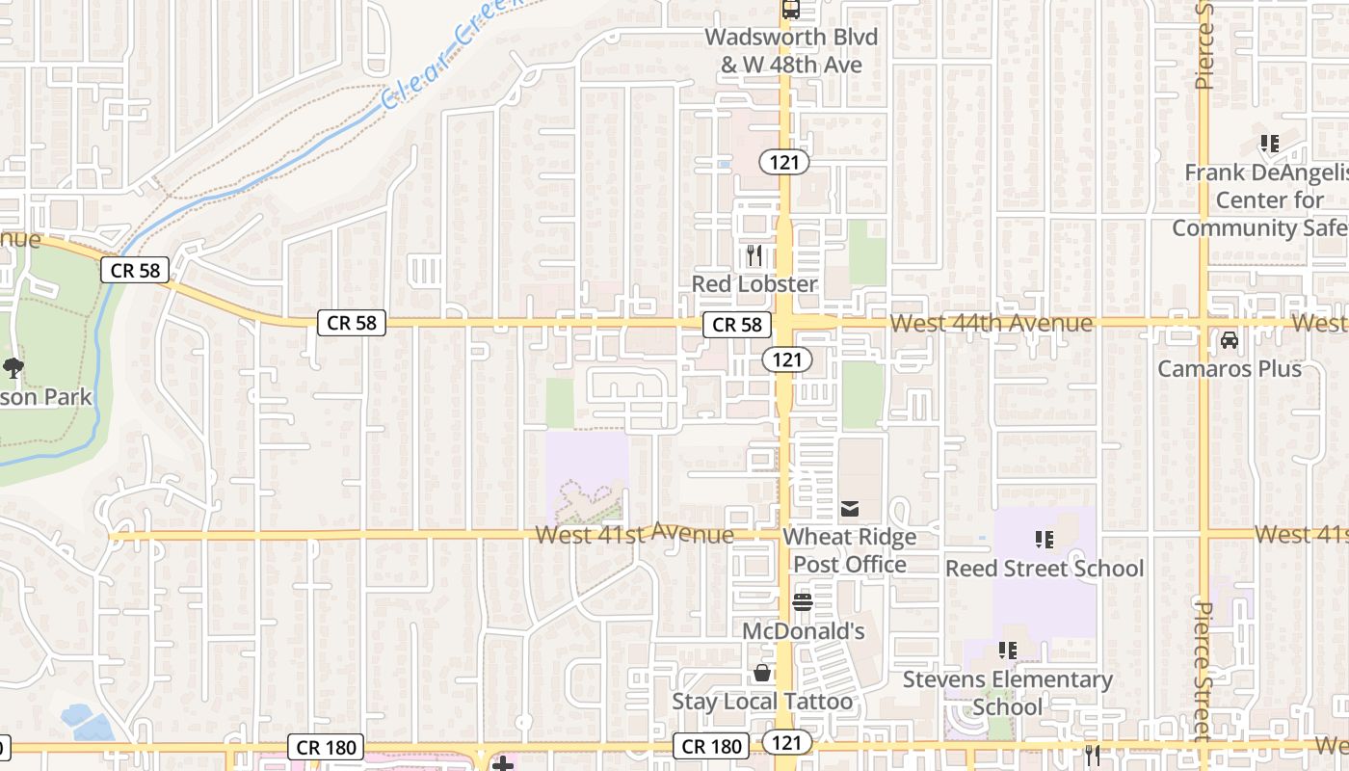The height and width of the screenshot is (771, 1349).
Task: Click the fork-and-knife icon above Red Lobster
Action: pyautogui.click(x=754, y=255)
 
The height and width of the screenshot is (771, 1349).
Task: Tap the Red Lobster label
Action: pyautogui.click(x=754, y=284)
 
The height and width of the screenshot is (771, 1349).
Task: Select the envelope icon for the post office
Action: pyautogui.click(x=849, y=508)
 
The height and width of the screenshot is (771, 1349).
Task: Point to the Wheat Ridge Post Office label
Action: pyautogui.click(x=849, y=550)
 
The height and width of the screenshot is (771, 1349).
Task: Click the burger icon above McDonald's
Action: pyautogui.click(x=802, y=602)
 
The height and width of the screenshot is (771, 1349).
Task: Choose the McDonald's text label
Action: pyautogui.click(x=803, y=631)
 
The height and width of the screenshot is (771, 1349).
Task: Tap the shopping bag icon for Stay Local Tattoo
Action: pyautogui.click(x=762, y=672)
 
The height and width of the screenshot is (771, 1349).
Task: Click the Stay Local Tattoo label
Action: pyautogui.click(x=762, y=702)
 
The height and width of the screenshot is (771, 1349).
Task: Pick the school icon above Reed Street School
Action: pyautogui.click(x=1044, y=540)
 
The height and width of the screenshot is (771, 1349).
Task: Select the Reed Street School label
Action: pyautogui.click(x=1045, y=569)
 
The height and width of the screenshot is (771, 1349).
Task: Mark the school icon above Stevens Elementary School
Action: pyautogui.click(x=1007, y=651)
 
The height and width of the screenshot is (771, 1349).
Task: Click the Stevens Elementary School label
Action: pyautogui.click(x=1007, y=693)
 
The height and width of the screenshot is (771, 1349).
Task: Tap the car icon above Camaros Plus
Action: pyautogui.click(x=1230, y=340)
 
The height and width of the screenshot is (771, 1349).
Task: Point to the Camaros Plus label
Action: pyautogui.click(x=1230, y=369)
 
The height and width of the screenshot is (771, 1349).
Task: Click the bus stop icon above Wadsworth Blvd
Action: pyautogui.click(x=791, y=10)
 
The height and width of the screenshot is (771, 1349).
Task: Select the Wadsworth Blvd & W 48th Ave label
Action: pyautogui.click(x=791, y=51)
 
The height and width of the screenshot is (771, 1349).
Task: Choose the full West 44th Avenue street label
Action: pyautogui.click(x=992, y=323)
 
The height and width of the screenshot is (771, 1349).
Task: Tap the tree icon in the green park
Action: pyautogui.click(x=13, y=367)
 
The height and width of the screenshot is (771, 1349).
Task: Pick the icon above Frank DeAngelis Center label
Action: pyautogui.click(x=1269, y=145)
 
